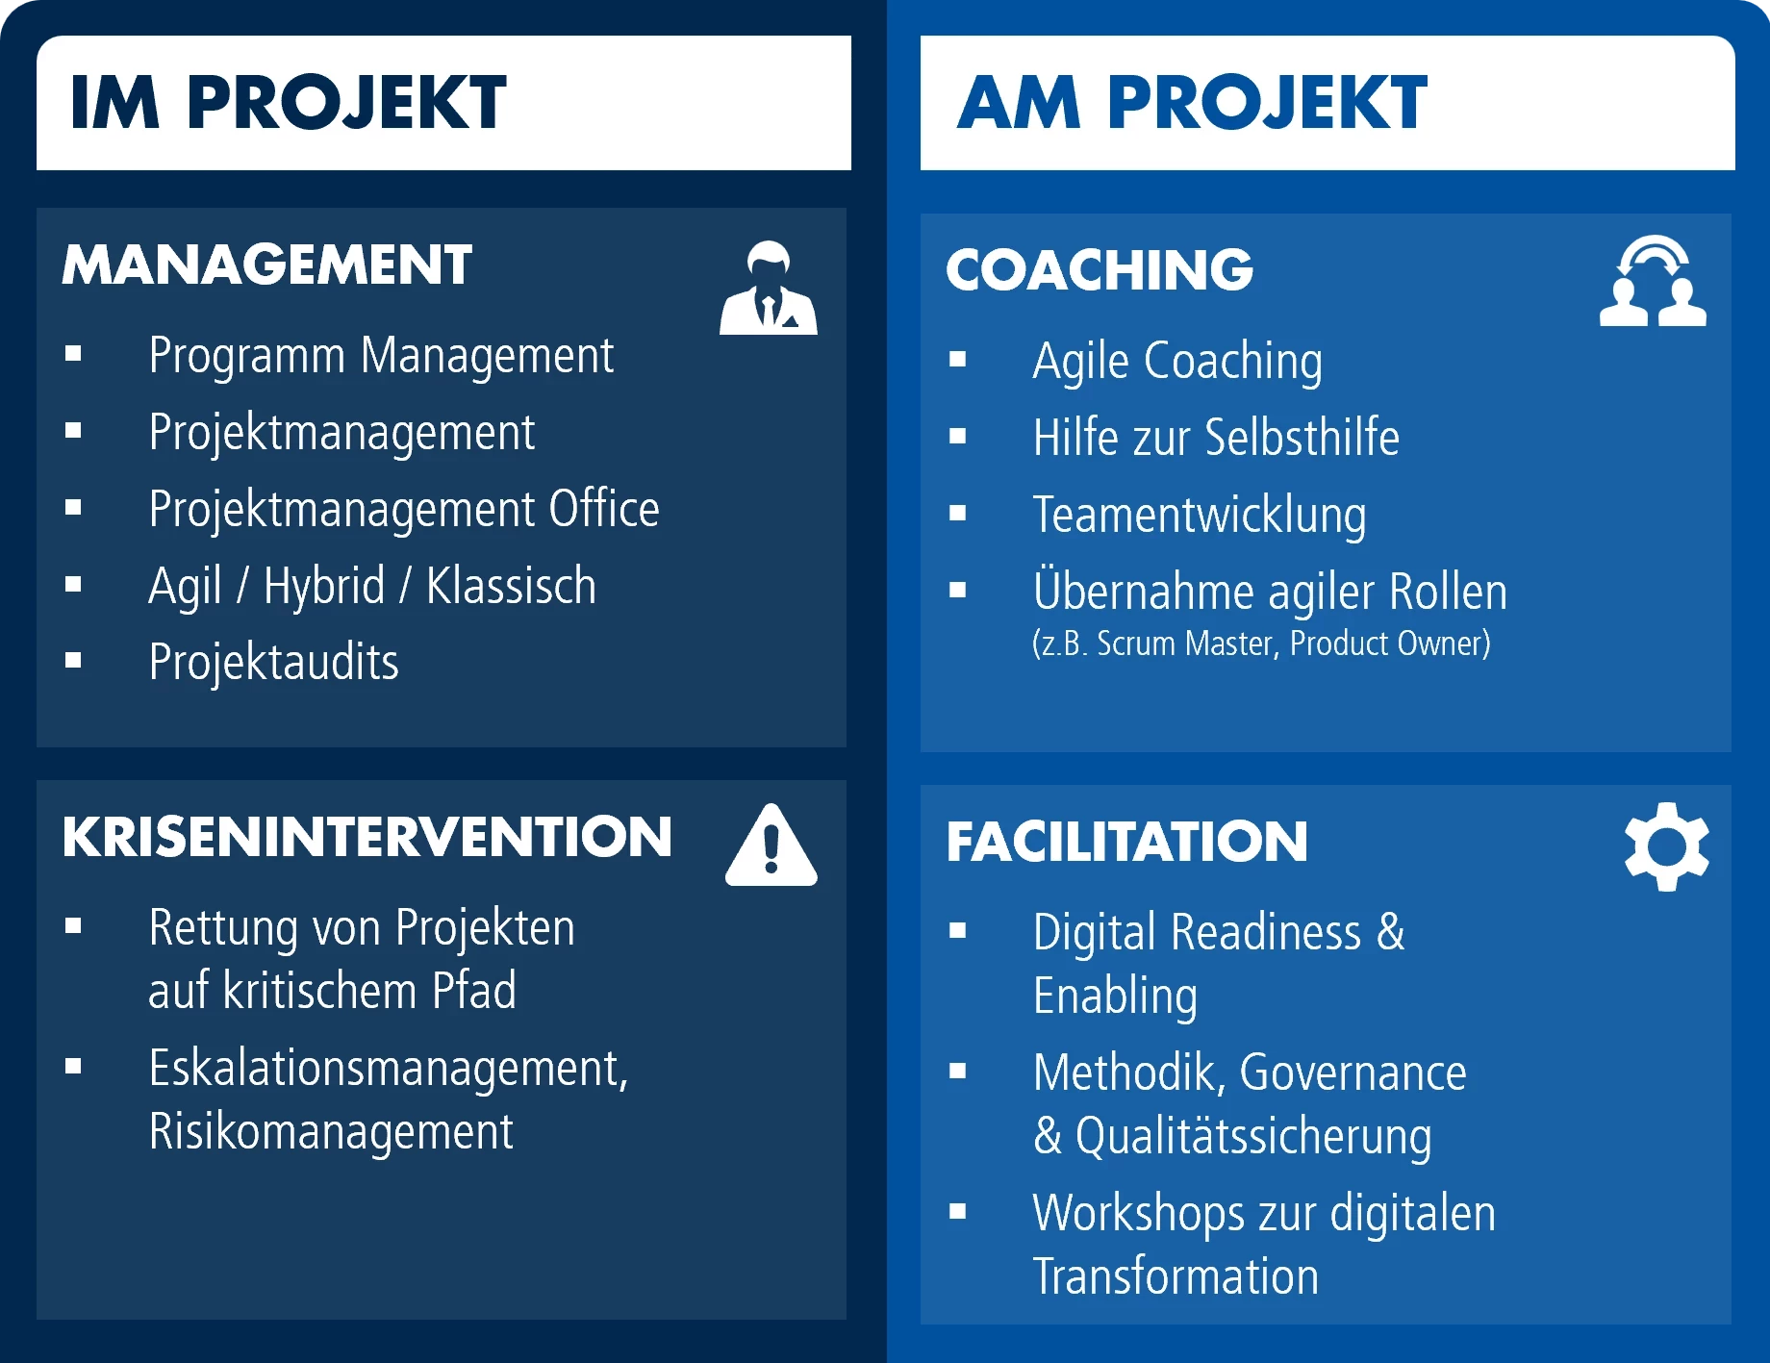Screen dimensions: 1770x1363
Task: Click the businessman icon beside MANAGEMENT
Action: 769,288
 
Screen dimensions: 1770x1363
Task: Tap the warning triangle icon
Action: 771,845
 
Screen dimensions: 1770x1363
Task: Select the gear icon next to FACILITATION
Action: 1667,846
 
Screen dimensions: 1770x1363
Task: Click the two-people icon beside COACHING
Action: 1653,281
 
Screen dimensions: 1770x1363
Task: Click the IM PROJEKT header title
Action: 288,102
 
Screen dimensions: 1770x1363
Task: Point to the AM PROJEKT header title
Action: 1193,102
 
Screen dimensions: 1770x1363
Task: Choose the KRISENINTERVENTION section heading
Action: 367,837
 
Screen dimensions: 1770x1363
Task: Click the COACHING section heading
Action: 1100,269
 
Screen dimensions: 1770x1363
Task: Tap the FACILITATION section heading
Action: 1127,842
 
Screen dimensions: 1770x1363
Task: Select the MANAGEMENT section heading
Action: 267,265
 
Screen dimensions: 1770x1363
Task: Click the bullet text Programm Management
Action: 381,357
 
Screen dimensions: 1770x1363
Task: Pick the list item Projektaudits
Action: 274,663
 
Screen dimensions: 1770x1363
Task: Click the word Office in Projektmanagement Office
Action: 604,509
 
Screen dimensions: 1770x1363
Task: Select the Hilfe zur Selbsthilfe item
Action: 1216,438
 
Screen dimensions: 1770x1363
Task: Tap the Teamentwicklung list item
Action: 1200,516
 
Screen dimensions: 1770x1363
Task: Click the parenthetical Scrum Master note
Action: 1261,644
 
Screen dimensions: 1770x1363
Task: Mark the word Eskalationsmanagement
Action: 389,1069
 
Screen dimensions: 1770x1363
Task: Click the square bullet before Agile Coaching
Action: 957,360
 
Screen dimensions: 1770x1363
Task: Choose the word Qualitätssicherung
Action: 1253,1137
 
